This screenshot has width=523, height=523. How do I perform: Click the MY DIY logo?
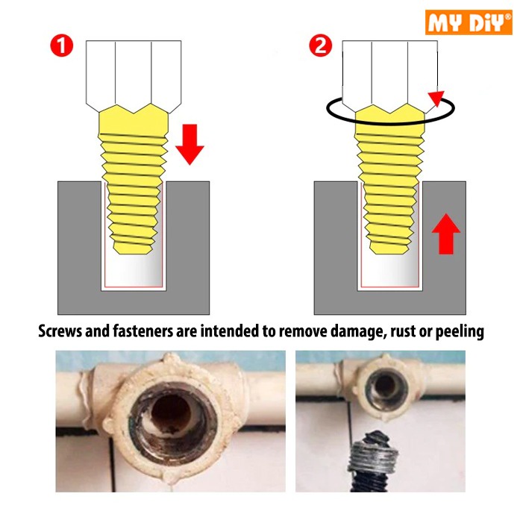point(469,22)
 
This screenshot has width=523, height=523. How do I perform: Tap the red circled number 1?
point(62,46)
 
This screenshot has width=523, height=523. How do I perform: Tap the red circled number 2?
point(320,46)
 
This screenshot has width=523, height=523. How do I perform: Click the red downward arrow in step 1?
point(190,145)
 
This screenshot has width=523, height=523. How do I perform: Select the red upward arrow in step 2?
point(446,234)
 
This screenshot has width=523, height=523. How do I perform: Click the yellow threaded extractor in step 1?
point(134,179)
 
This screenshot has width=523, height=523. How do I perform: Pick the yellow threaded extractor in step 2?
point(389,179)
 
